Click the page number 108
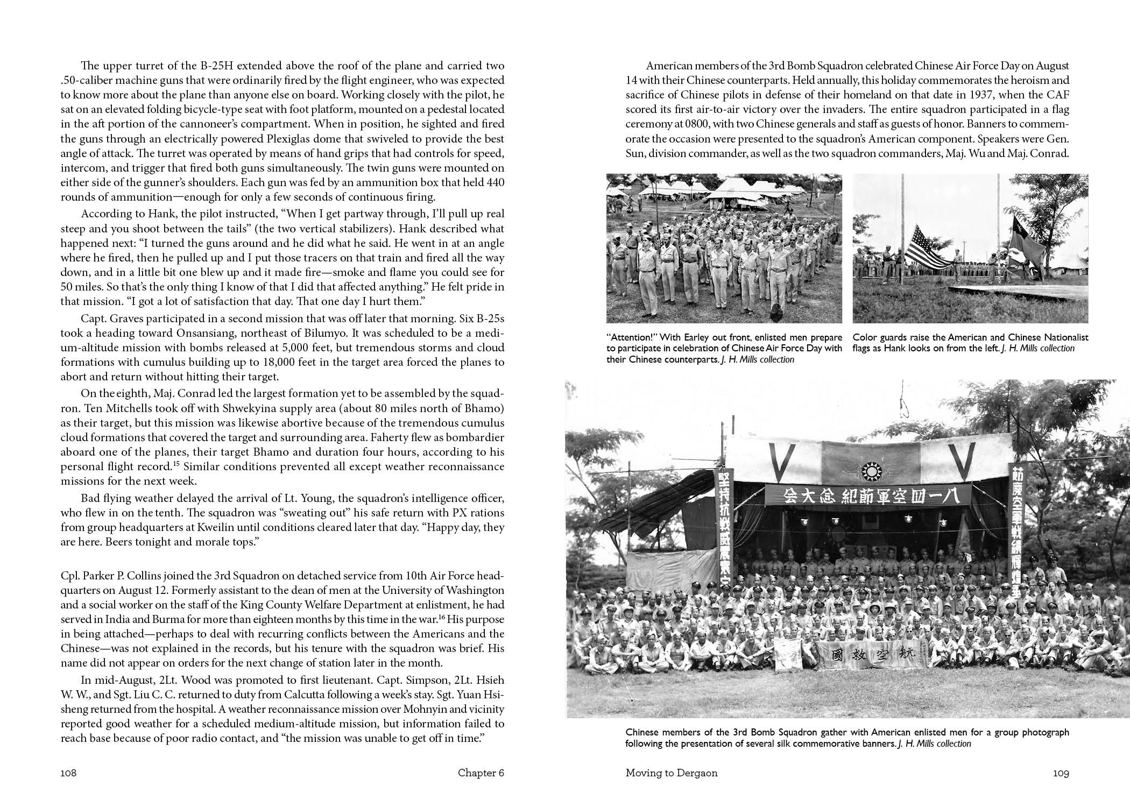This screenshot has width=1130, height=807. (69, 773)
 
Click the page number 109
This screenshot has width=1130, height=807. (1061, 773)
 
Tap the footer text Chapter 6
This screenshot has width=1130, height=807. (481, 773)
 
